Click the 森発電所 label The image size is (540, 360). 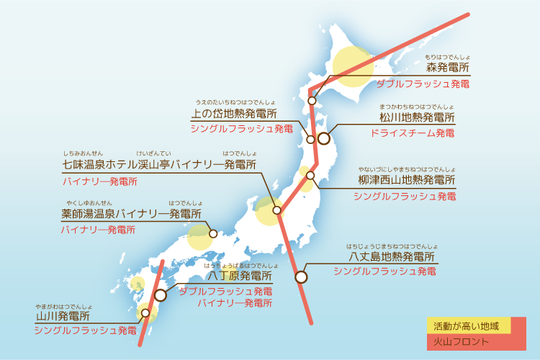click(447, 68)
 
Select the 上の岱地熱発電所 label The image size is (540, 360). click(233, 114)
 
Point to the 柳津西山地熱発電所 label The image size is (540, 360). click(408, 180)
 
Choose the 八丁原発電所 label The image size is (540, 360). click(240, 276)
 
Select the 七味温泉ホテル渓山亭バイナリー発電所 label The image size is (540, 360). click(159, 165)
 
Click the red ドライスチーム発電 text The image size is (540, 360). click(413, 133)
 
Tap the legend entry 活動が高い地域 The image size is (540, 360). click(467, 325)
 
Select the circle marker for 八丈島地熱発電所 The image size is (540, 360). click(301, 276)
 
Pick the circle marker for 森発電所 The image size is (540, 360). click(312, 101)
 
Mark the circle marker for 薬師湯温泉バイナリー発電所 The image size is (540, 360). click(213, 233)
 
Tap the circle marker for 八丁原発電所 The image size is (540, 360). click(161, 295)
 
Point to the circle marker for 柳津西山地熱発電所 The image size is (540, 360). click(311, 175)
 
